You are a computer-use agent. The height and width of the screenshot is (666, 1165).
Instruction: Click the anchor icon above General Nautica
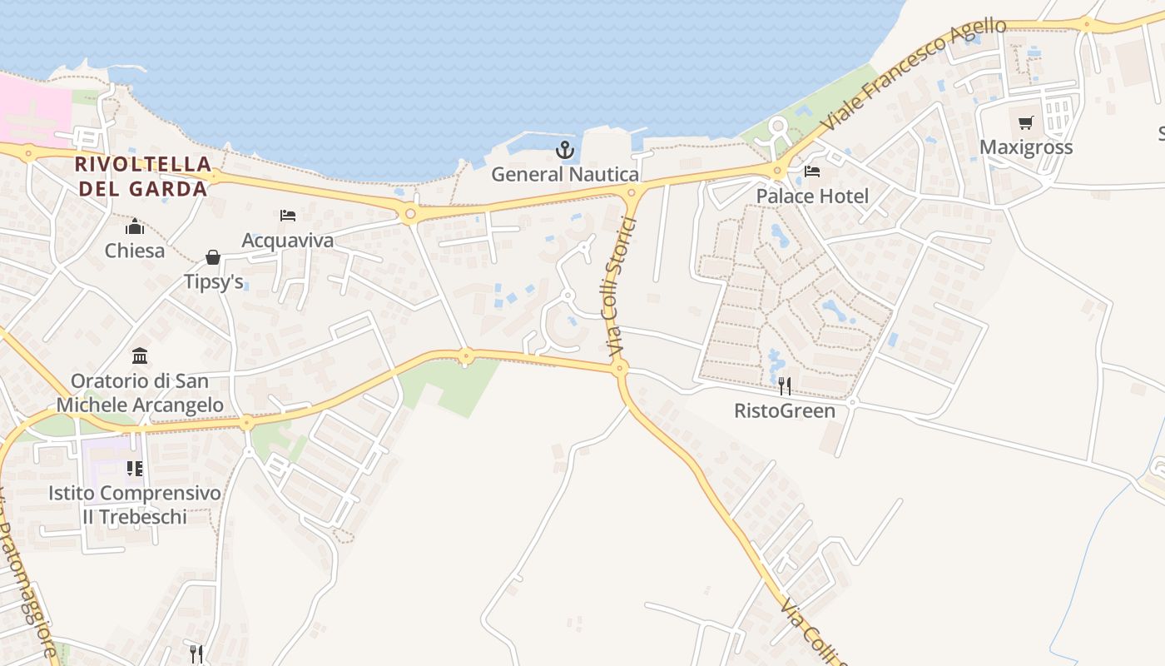(565, 150)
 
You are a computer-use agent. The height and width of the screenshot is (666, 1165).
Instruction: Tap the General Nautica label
(565, 175)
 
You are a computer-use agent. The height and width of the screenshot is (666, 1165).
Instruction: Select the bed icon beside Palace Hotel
(812, 172)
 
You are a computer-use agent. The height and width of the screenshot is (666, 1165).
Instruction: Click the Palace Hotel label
(812, 196)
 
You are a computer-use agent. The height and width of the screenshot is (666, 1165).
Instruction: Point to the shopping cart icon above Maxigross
(1026, 123)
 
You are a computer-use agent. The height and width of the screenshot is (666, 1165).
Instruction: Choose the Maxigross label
(1026, 147)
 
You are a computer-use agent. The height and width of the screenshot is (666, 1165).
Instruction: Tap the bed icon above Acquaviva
(288, 216)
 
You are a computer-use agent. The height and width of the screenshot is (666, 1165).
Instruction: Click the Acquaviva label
(288, 241)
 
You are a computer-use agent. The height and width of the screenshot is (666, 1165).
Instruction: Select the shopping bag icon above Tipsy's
(213, 257)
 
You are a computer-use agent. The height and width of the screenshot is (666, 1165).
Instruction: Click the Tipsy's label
(214, 282)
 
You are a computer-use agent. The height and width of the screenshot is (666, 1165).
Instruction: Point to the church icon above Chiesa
(135, 226)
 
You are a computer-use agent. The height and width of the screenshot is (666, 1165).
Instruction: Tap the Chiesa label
(135, 251)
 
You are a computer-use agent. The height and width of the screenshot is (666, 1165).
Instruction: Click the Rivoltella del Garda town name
(141, 176)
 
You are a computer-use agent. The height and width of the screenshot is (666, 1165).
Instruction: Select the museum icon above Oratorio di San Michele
(140, 356)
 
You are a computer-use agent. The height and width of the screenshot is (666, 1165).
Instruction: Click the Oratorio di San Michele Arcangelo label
(140, 393)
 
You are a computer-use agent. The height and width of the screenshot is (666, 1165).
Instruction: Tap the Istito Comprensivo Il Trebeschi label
(135, 504)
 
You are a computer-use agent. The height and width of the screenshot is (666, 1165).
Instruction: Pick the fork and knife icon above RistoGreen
(784, 385)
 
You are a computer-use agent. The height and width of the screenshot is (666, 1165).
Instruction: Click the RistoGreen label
(785, 410)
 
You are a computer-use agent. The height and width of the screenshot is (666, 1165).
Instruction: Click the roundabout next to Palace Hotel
(778, 171)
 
